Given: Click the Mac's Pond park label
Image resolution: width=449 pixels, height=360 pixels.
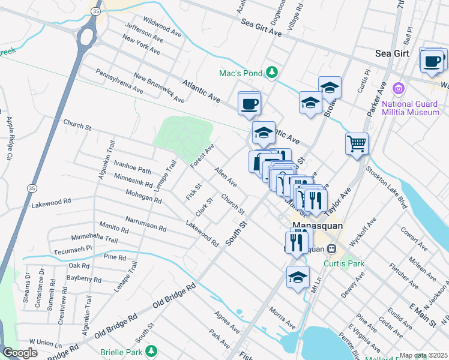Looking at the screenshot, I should click(x=240, y=73).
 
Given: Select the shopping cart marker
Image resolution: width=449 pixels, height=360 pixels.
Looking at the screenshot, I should click(x=357, y=143).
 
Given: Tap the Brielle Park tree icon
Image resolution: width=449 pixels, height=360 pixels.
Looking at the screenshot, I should click(x=152, y=350).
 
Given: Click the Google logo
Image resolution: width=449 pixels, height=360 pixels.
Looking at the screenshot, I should click(x=20, y=353).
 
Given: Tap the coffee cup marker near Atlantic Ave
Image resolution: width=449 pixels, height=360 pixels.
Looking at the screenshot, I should click(x=249, y=104).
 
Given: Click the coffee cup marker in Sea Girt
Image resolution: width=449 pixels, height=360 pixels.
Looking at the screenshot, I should click(x=432, y=61).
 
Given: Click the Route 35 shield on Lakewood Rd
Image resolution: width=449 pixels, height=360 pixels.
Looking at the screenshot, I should click(x=31, y=188).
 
